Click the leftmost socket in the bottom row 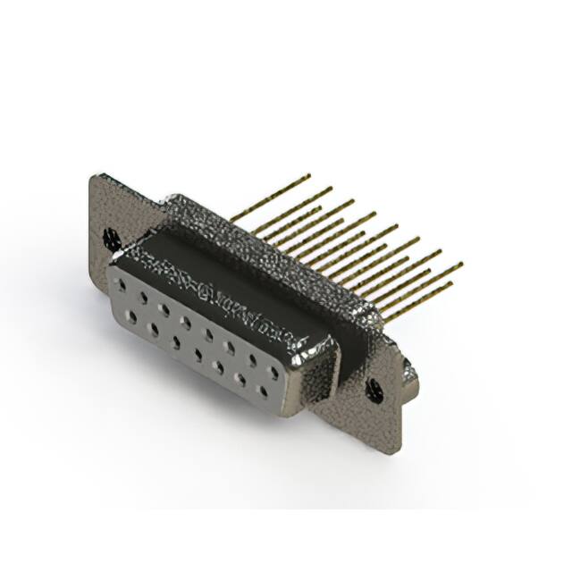pos(131,315)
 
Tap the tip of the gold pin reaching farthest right pos(462,264)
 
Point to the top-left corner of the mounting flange pos(93,175)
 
